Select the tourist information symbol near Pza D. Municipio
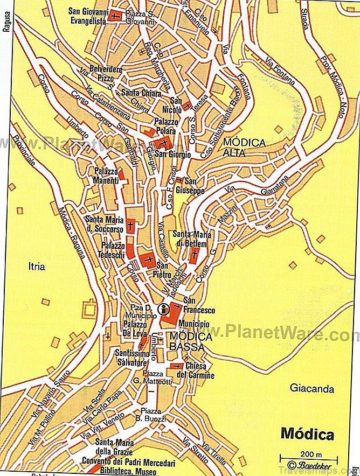[x=163, y=309]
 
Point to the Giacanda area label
[x=312, y=388]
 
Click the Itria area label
[x=37, y=266]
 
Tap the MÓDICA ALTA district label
[x=244, y=148]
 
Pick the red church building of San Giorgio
[x=163, y=143]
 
